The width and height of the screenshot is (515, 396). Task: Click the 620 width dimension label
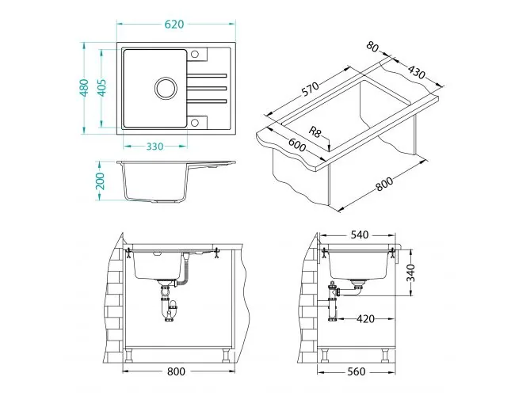[x=174, y=25]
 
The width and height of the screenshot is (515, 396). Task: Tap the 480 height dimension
[x=84, y=88]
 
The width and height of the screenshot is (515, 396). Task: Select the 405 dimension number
[x=102, y=88]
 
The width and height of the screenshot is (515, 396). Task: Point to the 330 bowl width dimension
[x=154, y=146]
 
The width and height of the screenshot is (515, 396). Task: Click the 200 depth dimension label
[x=100, y=181]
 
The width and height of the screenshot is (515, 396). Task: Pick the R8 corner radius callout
[x=315, y=132]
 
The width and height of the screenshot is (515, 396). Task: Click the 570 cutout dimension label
[x=310, y=89]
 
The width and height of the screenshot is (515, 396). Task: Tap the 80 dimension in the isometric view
[x=372, y=46]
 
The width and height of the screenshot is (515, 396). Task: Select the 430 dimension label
[x=417, y=72]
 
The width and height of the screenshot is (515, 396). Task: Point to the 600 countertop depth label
[x=297, y=144]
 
